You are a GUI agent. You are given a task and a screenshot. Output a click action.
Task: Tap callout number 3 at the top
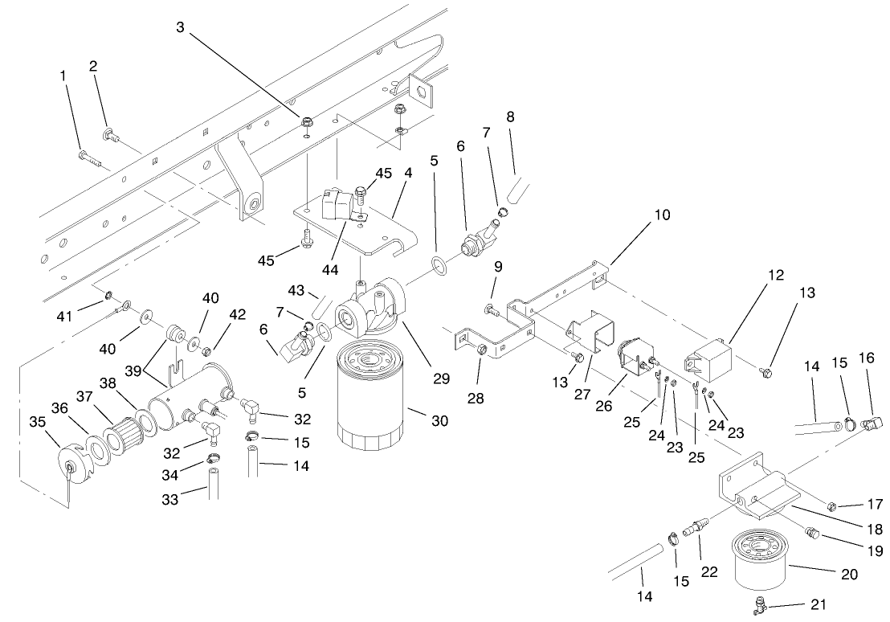click(x=181, y=27)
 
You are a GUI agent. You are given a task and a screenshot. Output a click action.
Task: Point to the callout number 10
click(x=662, y=215)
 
